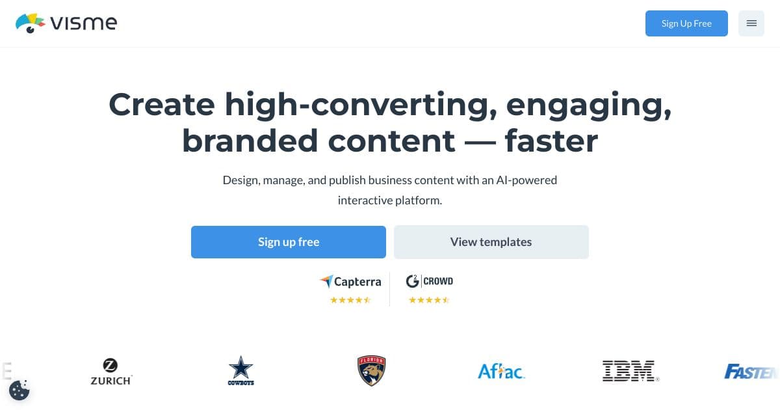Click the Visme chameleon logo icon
[x=30, y=23]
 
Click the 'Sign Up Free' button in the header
[x=686, y=23]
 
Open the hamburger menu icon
[x=751, y=23]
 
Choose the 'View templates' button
[x=491, y=242]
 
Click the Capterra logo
[x=350, y=282]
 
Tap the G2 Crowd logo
[x=429, y=281]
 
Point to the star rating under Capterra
[x=350, y=300]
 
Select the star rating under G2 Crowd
[x=429, y=300]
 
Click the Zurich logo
[x=111, y=372]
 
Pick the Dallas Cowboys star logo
[x=240, y=370]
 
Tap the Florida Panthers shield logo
[x=372, y=371]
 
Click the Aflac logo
[x=501, y=371]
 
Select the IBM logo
[x=630, y=371]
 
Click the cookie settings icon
[x=19, y=390]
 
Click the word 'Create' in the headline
[x=161, y=104]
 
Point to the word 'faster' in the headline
[x=551, y=141]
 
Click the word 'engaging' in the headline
[x=588, y=104]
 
